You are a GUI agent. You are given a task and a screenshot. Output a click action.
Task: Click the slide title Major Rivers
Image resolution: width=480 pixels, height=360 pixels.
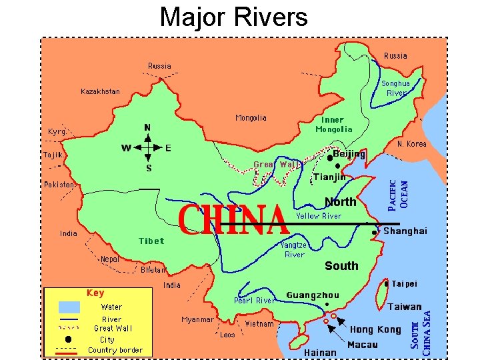click(233, 17)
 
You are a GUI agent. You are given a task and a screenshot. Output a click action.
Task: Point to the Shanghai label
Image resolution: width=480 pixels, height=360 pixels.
click(405, 231)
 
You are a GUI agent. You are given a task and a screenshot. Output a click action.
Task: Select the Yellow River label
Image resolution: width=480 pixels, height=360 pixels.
click(318, 216)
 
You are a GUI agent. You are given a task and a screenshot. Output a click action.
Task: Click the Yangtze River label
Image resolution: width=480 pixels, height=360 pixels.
click(294, 249)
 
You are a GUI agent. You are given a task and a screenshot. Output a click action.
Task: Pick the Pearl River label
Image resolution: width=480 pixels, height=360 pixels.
click(254, 301)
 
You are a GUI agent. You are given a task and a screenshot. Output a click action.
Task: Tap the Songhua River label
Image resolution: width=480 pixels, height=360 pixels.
click(395, 89)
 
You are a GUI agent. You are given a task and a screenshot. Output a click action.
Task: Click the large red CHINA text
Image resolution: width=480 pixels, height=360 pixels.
click(233, 221)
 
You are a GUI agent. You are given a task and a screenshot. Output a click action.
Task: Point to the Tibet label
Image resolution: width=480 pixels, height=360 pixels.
click(151, 241)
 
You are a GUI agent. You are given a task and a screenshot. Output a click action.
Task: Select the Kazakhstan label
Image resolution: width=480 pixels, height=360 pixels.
click(101, 91)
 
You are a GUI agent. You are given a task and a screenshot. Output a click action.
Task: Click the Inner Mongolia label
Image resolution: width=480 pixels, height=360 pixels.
click(334, 125)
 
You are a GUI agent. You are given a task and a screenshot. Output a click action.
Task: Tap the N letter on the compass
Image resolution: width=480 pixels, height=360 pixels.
click(147, 127)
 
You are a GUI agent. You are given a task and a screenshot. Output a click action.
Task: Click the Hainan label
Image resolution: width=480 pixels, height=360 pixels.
click(320, 352)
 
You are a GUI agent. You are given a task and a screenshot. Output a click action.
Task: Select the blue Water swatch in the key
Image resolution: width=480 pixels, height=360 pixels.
click(69, 307)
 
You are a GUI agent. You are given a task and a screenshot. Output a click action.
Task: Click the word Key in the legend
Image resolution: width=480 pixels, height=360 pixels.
click(95, 293)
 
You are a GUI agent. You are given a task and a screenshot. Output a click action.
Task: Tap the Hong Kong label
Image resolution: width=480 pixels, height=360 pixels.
click(375, 329)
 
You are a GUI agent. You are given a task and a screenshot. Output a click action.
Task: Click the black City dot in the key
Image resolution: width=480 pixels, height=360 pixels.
click(69, 339)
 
